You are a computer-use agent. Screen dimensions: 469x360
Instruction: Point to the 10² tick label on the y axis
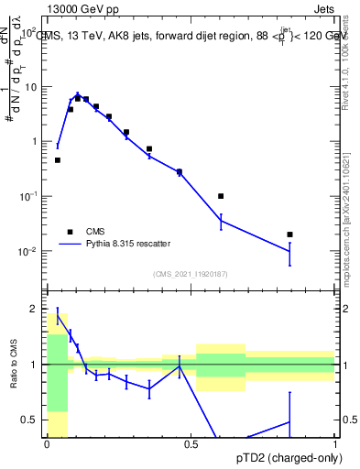[x=31, y=33]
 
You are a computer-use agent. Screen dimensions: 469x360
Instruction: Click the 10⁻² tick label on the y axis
[x=29, y=252]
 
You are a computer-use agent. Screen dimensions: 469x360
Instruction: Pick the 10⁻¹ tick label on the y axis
[x=29, y=197]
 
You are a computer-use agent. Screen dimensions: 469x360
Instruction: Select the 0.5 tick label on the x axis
[x=191, y=443]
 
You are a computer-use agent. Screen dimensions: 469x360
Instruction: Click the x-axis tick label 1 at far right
[x=335, y=443]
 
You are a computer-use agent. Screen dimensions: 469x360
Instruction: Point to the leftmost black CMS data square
[x=58, y=160]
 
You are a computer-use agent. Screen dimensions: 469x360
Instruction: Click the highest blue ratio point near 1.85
[x=58, y=316]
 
